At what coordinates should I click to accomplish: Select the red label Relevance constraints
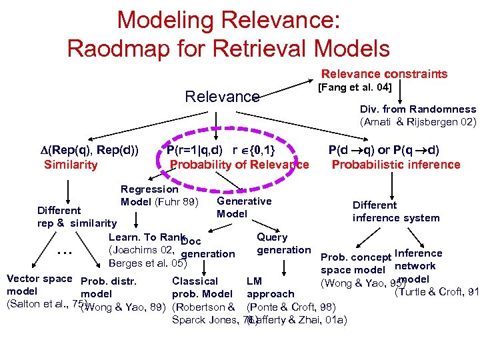pyautogui.click(x=385, y=74)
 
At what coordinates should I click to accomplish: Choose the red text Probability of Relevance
pyautogui.click(x=239, y=164)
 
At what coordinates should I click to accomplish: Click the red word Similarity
pyautogui.click(x=71, y=164)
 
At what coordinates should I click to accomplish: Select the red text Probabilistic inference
pyautogui.click(x=396, y=164)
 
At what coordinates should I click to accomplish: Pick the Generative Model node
pyautogui.click(x=244, y=207)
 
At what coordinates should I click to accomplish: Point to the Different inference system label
pyautogui.click(x=396, y=211)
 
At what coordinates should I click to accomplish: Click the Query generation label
pyautogui.click(x=283, y=243)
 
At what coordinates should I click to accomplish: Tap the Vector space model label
pyautogui.click(x=38, y=285)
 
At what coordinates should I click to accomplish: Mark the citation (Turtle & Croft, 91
pyautogui.click(x=437, y=291)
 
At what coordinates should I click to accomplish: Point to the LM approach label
pyautogui.click(x=270, y=287)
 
